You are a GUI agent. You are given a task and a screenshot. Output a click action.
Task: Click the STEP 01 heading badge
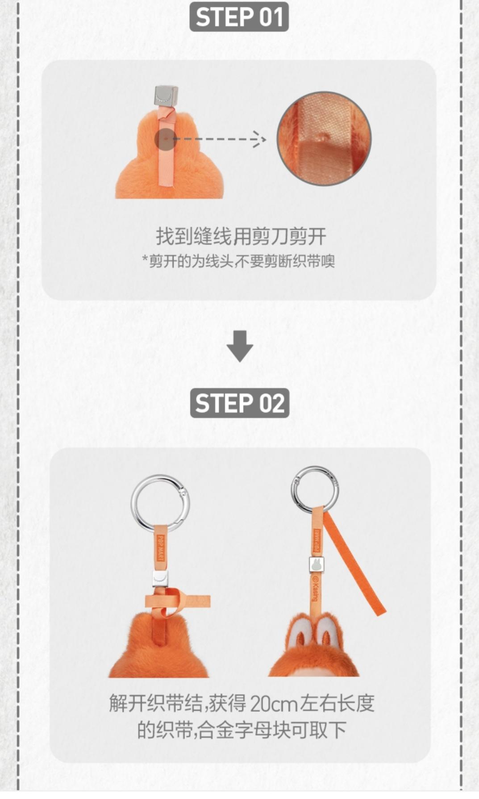(x=239, y=17)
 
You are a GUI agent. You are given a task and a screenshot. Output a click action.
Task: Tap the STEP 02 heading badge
(x=240, y=403)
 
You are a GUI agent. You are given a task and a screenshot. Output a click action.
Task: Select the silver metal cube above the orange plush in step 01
(x=166, y=95)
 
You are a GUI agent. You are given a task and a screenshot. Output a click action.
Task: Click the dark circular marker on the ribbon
(x=166, y=139)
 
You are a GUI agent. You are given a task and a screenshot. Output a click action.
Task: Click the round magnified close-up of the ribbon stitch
(x=324, y=139)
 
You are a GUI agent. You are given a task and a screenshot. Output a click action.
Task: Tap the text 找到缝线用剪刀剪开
(x=241, y=236)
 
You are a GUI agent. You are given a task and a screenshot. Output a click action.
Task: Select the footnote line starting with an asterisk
(x=238, y=261)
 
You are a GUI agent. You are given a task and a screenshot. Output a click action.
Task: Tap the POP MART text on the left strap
(x=161, y=548)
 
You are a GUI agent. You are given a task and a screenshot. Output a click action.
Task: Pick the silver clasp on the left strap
(x=160, y=578)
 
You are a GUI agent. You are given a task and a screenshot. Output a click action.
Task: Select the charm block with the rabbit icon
(x=317, y=565)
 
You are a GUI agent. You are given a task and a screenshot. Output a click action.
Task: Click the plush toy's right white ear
(x=329, y=632)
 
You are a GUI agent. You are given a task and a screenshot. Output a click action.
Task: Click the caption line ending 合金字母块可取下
(x=242, y=731)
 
